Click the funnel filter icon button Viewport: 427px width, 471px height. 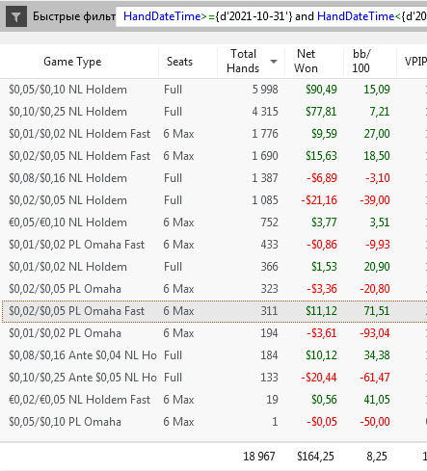(x=16, y=16)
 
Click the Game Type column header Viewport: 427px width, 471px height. (x=72, y=62)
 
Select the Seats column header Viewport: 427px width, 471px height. (x=179, y=61)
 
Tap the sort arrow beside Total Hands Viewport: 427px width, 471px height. (x=274, y=61)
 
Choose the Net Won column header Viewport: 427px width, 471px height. (x=306, y=61)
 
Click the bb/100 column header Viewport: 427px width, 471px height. (x=361, y=61)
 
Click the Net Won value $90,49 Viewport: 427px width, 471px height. (x=321, y=90)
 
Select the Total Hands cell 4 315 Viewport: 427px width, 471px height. (x=265, y=112)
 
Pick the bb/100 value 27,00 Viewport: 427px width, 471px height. (x=377, y=134)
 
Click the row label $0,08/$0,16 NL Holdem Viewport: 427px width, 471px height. (x=67, y=178)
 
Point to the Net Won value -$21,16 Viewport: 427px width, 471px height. (x=319, y=200)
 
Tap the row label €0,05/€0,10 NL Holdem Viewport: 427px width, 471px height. (x=67, y=222)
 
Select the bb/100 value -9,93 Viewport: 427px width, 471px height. (x=378, y=245)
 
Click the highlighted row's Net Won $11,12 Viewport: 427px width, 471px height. (x=321, y=311)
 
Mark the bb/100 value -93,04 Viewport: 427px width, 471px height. (x=375, y=333)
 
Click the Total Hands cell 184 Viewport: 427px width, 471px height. (x=269, y=355)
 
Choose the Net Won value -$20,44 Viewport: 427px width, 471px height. (x=319, y=378)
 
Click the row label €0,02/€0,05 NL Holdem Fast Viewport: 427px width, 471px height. (x=79, y=400)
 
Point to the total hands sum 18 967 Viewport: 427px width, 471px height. (x=259, y=457)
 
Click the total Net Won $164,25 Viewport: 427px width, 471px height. (x=315, y=457)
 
